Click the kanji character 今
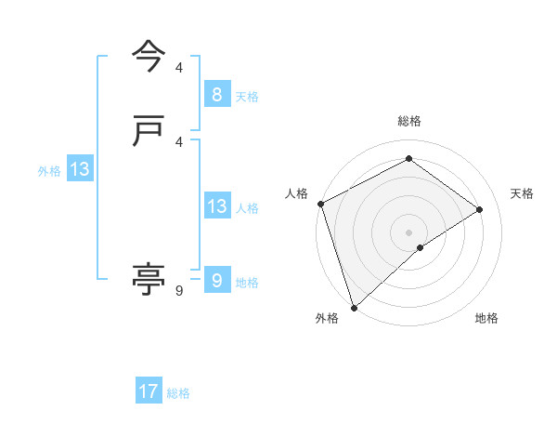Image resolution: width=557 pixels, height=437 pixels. pyautogui.click(x=149, y=56)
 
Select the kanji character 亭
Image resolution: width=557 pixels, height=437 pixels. pyautogui.click(x=149, y=278)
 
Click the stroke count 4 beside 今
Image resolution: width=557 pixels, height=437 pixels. pyautogui.click(x=179, y=68)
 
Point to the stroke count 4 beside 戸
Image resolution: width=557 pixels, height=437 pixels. pyautogui.click(x=179, y=141)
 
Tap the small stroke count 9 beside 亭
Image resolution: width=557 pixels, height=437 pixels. pyautogui.click(x=179, y=291)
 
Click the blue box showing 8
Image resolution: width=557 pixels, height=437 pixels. pyautogui.click(x=216, y=94)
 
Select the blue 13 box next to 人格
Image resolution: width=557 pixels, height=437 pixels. pyautogui.click(x=216, y=206)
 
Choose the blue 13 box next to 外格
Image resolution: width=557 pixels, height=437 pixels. pyautogui.click(x=79, y=169)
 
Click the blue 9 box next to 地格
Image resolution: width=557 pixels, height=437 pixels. pyautogui.click(x=216, y=280)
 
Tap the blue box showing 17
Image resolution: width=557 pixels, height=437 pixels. pyautogui.click(x=149, y=391)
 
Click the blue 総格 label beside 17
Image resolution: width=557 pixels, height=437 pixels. pyautogui.click(x=178, y=393)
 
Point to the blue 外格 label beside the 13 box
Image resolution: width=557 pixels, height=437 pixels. pyautogui.click(x=49, y=171)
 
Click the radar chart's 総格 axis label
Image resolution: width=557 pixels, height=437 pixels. pyautogui.click(x=409, y=121)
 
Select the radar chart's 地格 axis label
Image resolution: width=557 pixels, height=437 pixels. pyautogui.click(x=486, y=318)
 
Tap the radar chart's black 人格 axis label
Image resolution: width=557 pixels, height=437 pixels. pyautogui.click(x=297, y=193)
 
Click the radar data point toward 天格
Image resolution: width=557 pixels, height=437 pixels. pyautogui.click(x=480, y=209)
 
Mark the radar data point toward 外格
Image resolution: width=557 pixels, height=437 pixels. pyautogui.click(x=353, y=307)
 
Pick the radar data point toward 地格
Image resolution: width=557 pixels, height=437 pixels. pyautogui.click(x=421, y=247)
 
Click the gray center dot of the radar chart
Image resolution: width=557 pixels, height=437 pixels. pyautogui.click(x=408, y=232)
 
